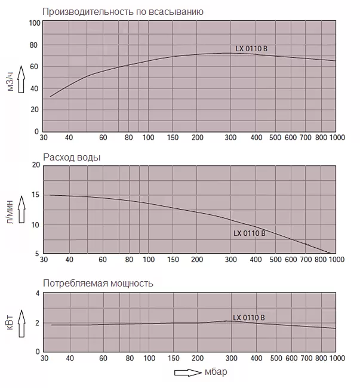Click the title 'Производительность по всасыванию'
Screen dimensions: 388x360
pos(123,11)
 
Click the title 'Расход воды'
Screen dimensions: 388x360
pos(72,157)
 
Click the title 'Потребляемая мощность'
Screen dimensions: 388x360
pos(98,283)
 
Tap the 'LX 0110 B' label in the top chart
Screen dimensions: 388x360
pos(255,49)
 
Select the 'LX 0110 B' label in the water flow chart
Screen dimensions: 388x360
pos(249,233)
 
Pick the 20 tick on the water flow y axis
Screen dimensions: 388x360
pos(35,165)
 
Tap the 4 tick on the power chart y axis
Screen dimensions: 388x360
pos(37,293)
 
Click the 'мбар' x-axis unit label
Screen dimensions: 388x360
pos(216,372)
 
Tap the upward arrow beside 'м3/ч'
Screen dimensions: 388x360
pos(22,78)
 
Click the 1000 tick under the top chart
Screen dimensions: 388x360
pos(337,138)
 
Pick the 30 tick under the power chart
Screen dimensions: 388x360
pos(44,358)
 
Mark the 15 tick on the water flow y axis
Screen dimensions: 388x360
pos(35,195)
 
